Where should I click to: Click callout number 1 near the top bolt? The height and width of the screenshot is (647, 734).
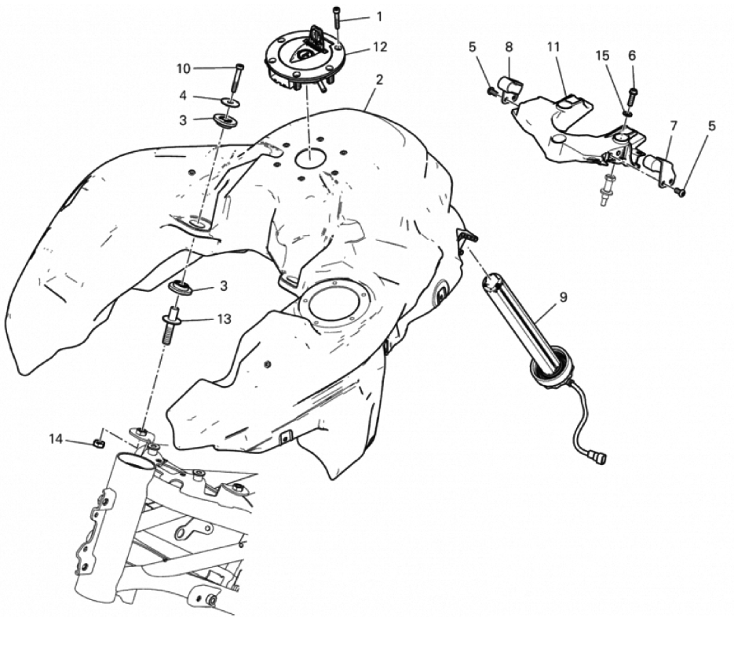coord(379,16)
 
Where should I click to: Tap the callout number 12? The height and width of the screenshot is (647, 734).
coord(380,47)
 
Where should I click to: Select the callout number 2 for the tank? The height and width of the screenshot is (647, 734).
coord(379,79)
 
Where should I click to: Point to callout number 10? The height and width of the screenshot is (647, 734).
coord(183,69)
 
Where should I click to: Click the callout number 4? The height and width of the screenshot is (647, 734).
coord(183,96)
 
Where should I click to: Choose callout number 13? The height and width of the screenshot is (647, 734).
coord(225,319)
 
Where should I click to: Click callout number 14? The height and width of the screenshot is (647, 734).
coord(56,439)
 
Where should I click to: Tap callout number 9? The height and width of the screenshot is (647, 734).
coord(563,297)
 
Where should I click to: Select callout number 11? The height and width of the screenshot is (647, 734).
coord(553,47)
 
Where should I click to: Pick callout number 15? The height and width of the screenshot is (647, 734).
coord(602,56)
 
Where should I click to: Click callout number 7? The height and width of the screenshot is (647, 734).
coord(674,125)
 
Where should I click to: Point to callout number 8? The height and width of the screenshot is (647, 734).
coord(509,47)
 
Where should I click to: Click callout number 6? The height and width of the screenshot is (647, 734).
coord(632,56)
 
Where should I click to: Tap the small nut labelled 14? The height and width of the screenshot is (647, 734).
coord(98,443)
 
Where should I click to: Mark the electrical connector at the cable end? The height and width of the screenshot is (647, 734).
coord(598,456)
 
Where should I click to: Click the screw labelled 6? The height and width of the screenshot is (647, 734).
coord(633,96)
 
